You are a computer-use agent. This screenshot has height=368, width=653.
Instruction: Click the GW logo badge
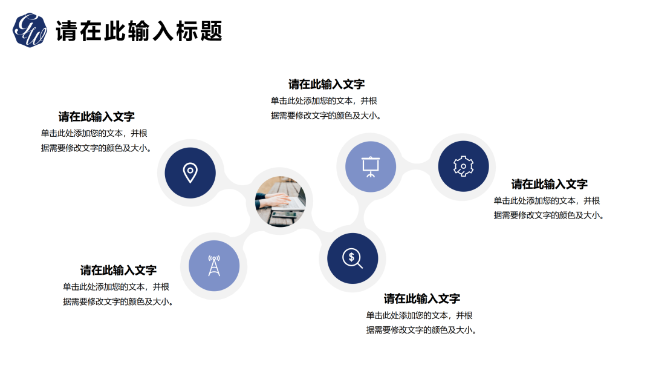pyautogui.click(x=30, y=30)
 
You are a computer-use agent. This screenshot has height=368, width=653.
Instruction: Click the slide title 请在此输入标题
pyautogui.click(x=139, y=31)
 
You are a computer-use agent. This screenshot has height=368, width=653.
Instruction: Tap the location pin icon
pyautogui.click(x=190, y=172)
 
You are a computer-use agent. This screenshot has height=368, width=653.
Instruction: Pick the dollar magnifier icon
pyautogui.click(x=352, y=258)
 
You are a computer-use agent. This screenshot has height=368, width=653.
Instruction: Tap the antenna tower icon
pyautogui.click(x=214, y=266)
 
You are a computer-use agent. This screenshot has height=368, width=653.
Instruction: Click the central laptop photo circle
pyautogui.click(x=280, y=202)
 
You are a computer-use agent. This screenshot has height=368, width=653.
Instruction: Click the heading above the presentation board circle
pyautogui.click(x=326, y=84)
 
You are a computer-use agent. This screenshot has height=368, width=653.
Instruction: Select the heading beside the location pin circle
pyautogui.click(x=97, y=117)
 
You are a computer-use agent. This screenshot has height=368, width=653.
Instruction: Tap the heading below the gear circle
pyautogui.click(x=550, y=184)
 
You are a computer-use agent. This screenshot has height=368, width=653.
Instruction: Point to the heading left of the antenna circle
pyautogui.click(x=119, y=270)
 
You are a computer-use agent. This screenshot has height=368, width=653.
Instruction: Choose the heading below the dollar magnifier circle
pyautogui.click(x=422, y=298)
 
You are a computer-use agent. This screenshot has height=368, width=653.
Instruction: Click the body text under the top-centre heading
pyautogui.click(x=325, y=108)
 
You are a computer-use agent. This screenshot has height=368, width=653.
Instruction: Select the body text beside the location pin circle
pyautogui.click(x=96, y=140)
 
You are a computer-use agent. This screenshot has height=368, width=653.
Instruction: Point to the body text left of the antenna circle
pyautogui.click(x=117, y=294)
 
